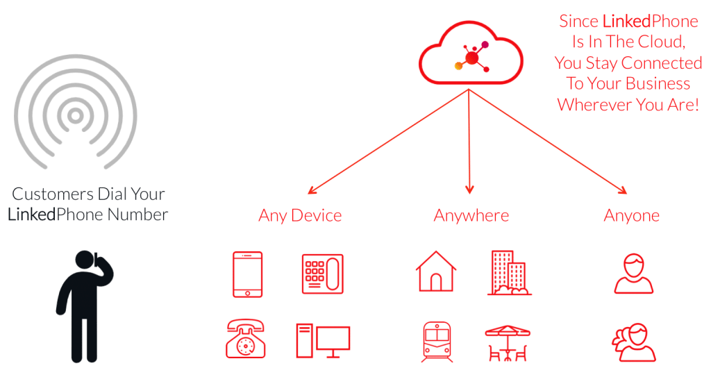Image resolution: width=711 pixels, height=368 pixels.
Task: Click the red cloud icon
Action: [470, 60]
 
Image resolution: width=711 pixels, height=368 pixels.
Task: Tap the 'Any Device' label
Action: [299, 215]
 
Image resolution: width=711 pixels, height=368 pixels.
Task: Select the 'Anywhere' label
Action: [471, 215]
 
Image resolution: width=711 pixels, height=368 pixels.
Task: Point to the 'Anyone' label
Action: [631, 215]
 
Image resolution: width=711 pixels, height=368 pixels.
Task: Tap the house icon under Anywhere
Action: [436, 271]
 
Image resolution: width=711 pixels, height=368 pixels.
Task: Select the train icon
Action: [437, 342]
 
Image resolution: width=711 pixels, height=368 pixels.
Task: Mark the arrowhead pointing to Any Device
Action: [310, 192]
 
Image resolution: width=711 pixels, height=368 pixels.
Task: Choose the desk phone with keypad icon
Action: [322, 274]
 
